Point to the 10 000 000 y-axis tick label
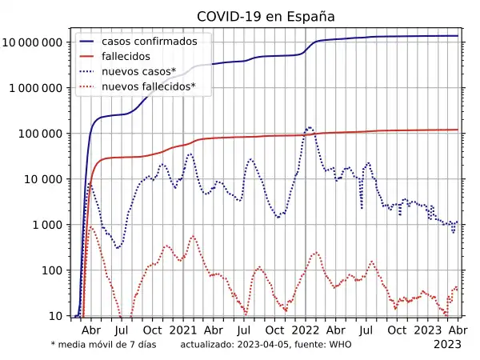pyautogui.click(x=34, y=42)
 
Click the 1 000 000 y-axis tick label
pyautogui.click(x=37, y=88)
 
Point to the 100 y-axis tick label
pyautogui.click(x=53, y=270)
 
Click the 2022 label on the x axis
pyautogui.click(x=306, y=330)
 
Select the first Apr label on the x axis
pyautogui.click(x=91, y=330)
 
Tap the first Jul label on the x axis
pyautogui.click(x=122, y=330)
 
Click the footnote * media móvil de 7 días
pyautogui.click(x=103, y=345)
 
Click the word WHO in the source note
pyautogui.click(x=341, y=345)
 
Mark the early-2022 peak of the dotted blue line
pyautogui.click(x=309, y=127)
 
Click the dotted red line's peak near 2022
pyautogui.click(x=316, y=253)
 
